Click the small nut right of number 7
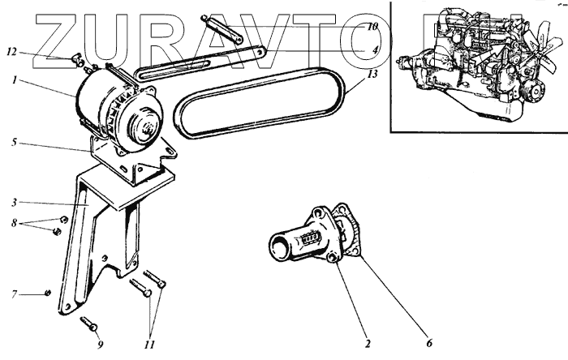point(49,293)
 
